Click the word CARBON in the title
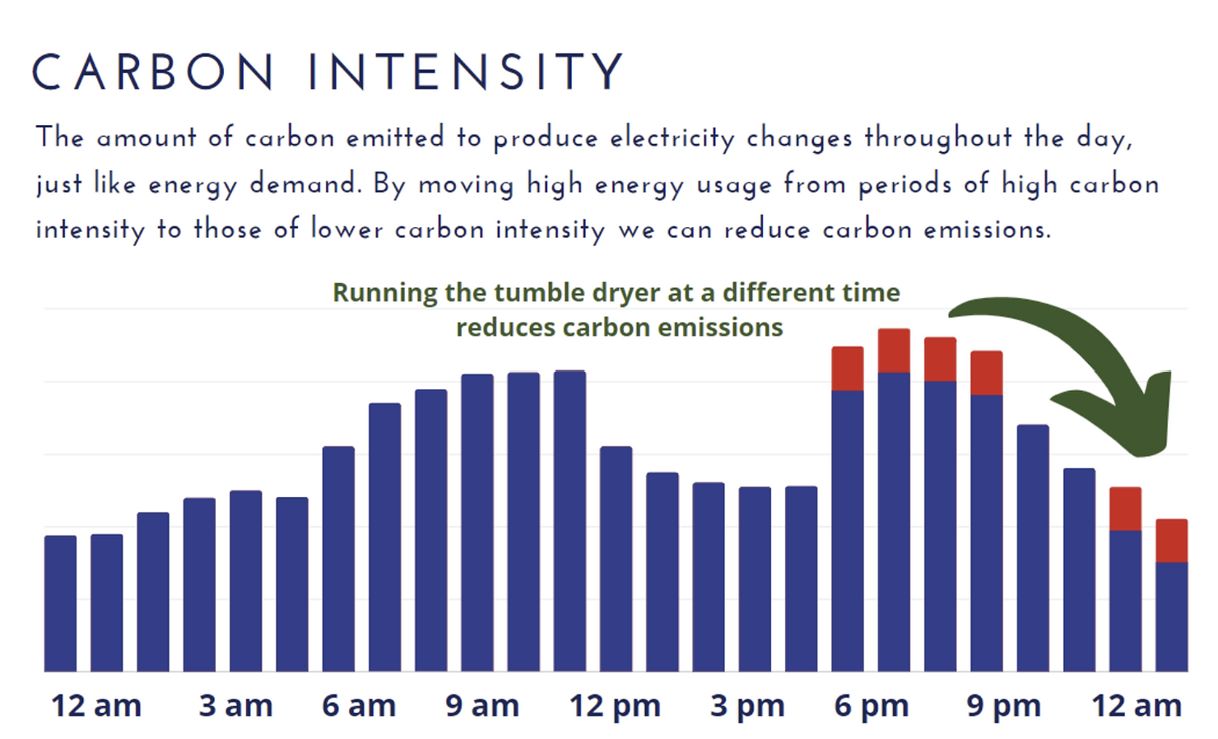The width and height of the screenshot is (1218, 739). pos(153,72)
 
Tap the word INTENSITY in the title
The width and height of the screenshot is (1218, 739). pos(466,72)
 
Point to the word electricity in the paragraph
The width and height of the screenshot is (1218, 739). pos(672,137)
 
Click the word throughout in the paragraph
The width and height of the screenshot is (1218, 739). pos(937,137)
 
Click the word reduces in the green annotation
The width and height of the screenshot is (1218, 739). pos(505,328)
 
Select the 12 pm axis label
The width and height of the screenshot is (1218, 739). pos(615,706)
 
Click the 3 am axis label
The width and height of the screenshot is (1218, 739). pos(235,706)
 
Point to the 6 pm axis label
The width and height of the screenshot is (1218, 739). pos(871,706)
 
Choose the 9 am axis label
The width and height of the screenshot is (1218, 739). pos(482,706)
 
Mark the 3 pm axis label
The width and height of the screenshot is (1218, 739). pos(747,706)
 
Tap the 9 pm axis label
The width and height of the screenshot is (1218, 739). pos(1003,706)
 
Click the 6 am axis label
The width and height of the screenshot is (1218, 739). pos(359,706)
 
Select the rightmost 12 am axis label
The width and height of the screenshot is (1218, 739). pos(1137,706)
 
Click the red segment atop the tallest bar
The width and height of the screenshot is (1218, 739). pos(894,351)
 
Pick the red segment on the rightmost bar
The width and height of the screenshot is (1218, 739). pos(1171,541)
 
